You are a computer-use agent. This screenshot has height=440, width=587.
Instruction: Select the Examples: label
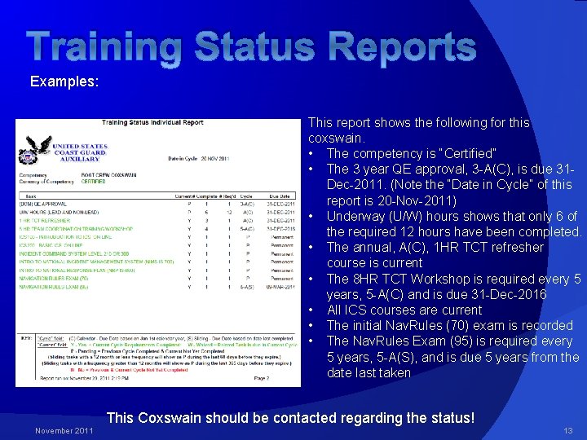click(x=64, y=82)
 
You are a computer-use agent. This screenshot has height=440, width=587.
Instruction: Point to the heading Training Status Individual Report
click(x=152, y=123)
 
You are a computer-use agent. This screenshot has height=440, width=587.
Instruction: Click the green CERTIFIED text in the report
click(x=92, y=181)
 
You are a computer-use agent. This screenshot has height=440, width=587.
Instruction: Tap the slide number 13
click(x=567, y=429)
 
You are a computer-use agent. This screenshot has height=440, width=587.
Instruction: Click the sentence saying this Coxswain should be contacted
click(x=289, y=418)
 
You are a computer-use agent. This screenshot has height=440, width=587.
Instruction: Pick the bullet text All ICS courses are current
click(x=404, y=310)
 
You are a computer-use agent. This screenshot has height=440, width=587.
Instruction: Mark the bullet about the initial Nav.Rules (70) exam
click(x=438, y=325)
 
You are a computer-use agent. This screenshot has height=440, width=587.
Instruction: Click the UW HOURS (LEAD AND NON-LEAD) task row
click(x=55, y=212)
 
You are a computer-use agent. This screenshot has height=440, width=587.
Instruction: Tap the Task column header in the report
click(x=31, y=196)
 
